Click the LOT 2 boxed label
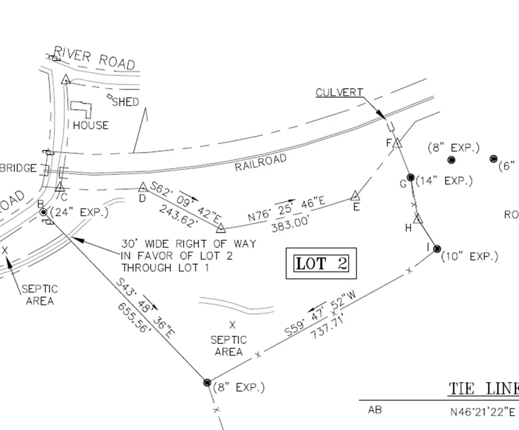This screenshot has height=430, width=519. pos(321,263)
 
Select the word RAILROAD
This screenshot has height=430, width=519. pos(261,163)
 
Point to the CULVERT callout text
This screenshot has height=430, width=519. pos(339,93)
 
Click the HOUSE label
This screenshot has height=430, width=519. pos(91,125)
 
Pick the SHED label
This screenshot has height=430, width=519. pos(125,102)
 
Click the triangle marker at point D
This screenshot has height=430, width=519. pos(142,187)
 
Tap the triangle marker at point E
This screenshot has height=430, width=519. pos(355,196)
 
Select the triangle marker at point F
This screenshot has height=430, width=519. pos(397,143)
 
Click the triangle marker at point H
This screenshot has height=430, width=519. pos(418,219)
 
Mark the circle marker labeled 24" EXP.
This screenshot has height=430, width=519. pos(44,212)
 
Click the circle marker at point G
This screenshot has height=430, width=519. pos(411,177)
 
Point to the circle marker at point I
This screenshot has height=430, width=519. pos(437,249)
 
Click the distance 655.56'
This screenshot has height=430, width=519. pos(135,318)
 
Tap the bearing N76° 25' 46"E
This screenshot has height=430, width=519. pos(286,209)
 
